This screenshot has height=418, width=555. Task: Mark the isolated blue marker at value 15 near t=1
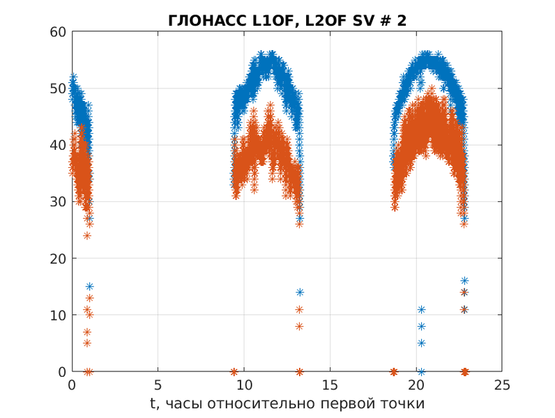coord(89,286)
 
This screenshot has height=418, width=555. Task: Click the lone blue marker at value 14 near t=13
coord(300,292)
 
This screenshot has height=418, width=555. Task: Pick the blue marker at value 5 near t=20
coord(421,343)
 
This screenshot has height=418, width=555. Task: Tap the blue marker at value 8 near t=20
coord(421,326)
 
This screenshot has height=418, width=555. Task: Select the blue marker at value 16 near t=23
coord(464,281)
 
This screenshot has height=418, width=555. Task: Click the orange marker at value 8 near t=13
coord(299,326)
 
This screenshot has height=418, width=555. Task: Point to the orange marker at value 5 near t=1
coord(87,343)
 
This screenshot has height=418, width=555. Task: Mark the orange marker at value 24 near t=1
coord(87,235)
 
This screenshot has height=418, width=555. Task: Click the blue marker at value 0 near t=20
coord(421,371)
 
